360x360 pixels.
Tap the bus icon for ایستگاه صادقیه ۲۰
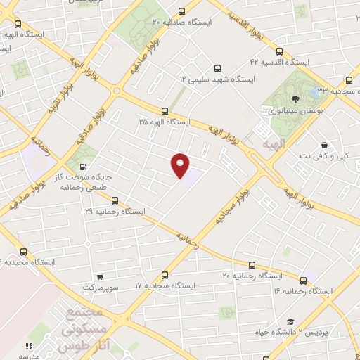183,11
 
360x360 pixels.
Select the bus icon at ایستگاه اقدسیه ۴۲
280,51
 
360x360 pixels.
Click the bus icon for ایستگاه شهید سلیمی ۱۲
218,69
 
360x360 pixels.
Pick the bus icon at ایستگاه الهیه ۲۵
165,111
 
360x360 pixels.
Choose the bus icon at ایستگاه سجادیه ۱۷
165,275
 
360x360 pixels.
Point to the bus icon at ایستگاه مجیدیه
23,251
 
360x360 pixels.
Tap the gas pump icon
84,167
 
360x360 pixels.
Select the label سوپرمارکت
98,288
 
